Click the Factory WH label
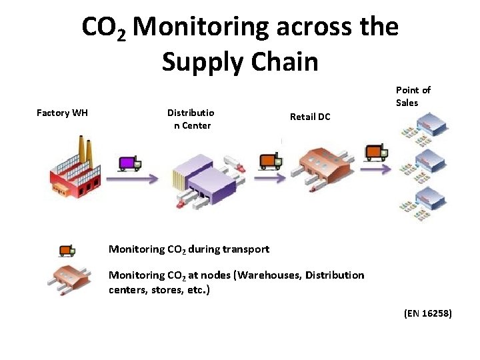pyautogui.click(x=62, y=113)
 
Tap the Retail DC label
pyautogui.click(x=310, y=117)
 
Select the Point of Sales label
pyautogui.click(x=413, y=96)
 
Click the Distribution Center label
pyautogui.click(x=189, y=119)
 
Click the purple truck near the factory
pyautogui.click(x=129, y=163)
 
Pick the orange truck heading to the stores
pyautogui.click(x=376, y=153)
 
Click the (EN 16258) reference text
pyautogui.click(x=427, y=311)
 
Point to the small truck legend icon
pyautogui.click(x=66, y=249)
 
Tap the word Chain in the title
pyautogui.click(x=283, y=61)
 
